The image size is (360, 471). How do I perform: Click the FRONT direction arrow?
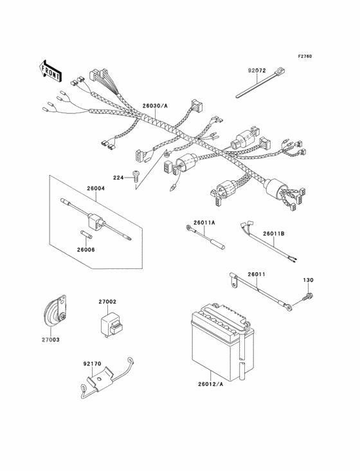pyautogui.click(x=50, y=71)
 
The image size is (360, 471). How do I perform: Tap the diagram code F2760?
pyautogui.click(x=305, y=56)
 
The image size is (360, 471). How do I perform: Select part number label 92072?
pyautogui.click(x=256, y=71)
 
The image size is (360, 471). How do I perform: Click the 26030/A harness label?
pyautogui.click(x=155, y=106)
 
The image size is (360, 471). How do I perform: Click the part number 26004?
pyautogui.click(x=96, y=189)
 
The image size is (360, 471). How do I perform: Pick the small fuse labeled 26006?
pyautogui.click(x=87, y=234)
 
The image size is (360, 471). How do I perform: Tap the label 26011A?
pyautogui.click(x=204, y=223)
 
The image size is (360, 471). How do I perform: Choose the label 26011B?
pyautogui.click(x=274, y=234)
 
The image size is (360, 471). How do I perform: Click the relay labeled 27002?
pyautogui.click(x=111, y=326)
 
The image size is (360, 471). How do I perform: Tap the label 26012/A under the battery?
pyautogui.click(x=211, y=384)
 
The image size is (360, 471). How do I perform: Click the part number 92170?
pyautogui.click(x=92, y=364)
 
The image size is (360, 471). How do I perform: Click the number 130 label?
pyautogui.click(x=308, y=280)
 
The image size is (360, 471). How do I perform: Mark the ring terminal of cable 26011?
pyautogui.click(x=289, y=308)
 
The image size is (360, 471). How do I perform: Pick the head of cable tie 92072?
pyautogui.click(x=280, y=72)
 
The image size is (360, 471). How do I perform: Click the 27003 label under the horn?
pyautogui.click(x=50, y=340)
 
